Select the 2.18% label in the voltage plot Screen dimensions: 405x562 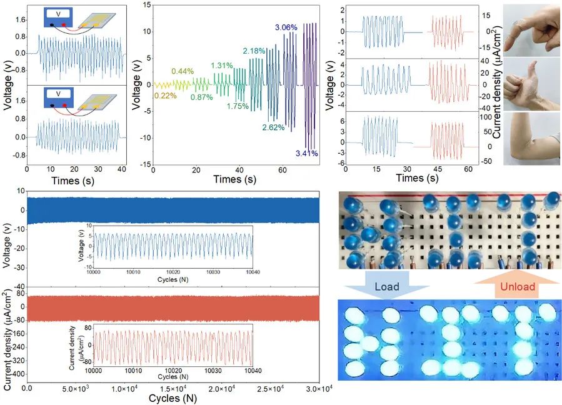pos(255,51)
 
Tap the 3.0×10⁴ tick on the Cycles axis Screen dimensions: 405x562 pos(319,389)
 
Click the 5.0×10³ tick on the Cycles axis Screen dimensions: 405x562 pos(76,389)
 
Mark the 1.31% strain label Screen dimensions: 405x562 pos(221,66)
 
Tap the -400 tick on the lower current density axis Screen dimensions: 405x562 pos(17,374)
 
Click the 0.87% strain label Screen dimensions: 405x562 pos(201,98)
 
